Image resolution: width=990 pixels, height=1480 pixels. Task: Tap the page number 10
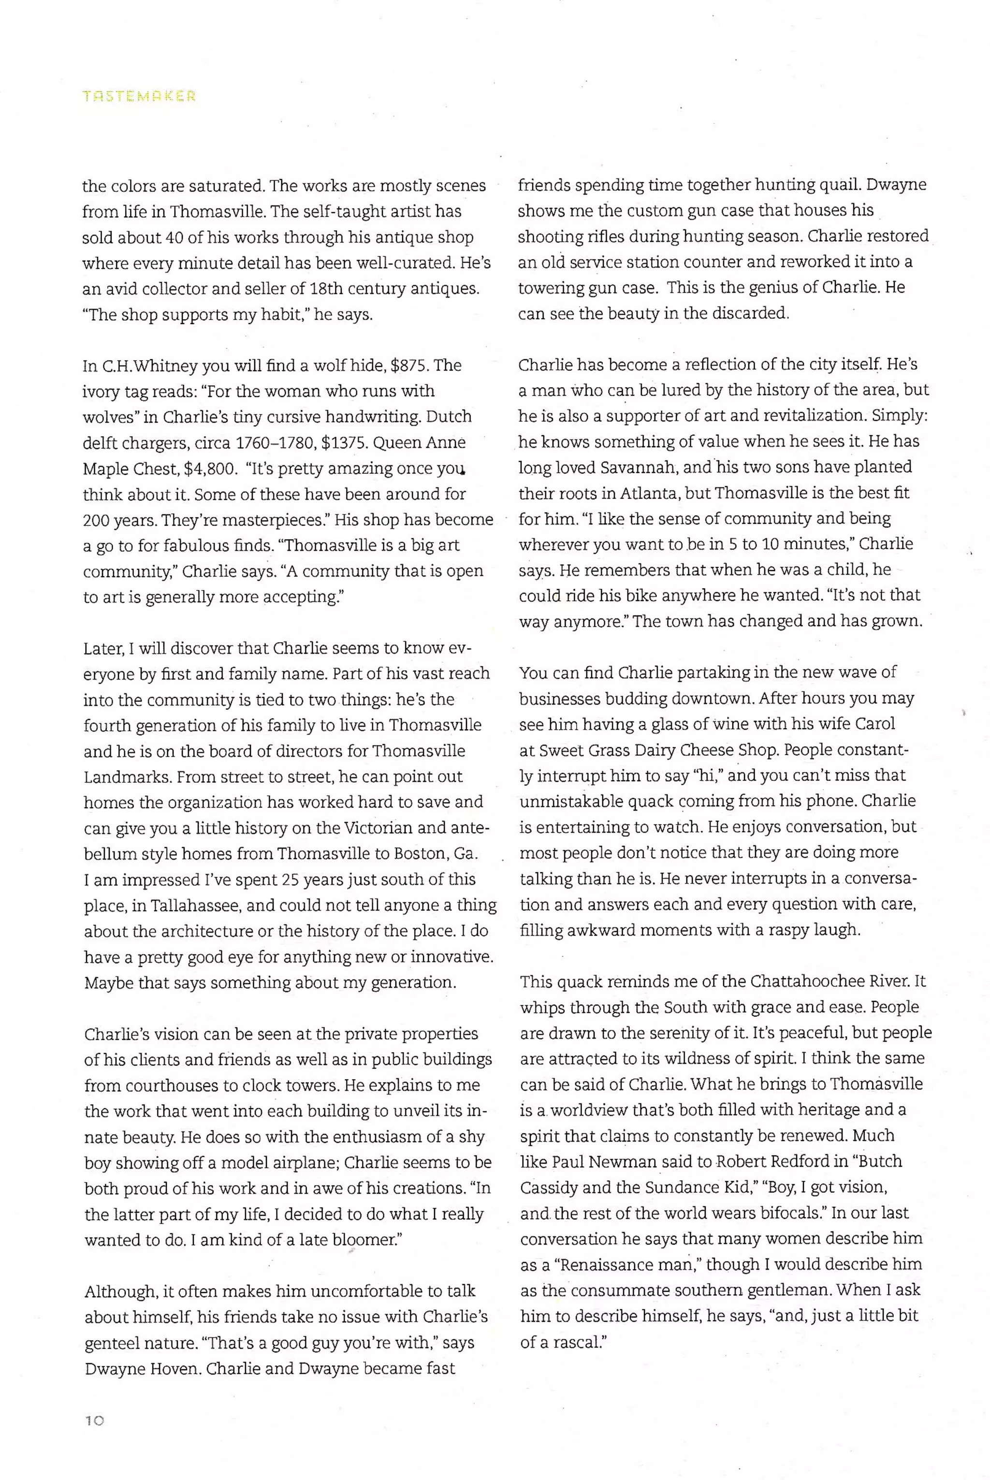(x=94, y=1421)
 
